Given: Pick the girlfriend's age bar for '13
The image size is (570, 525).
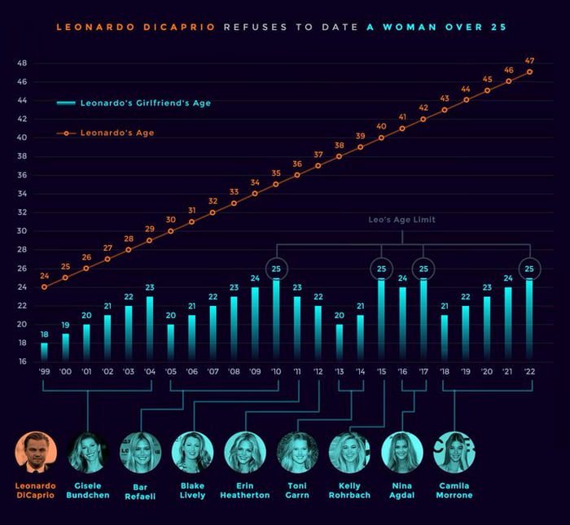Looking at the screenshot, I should (x=340, y=343).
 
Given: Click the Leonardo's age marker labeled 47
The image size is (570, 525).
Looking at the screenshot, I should (x=530, y=72).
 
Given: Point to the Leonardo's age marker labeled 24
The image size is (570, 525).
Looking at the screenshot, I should (x=44, y=287).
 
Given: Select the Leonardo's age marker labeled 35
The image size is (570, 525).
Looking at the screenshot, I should (x=277, y=184).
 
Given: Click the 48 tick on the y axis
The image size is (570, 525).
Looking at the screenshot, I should (x=22, y=63).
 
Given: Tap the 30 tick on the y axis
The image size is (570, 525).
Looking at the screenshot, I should (x=22, y=230).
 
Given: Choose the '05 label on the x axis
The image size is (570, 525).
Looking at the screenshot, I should (x=170, y=371).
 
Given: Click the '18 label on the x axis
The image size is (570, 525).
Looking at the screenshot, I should (x=445, y=371).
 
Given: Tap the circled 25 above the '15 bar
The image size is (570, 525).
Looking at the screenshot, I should (x=381, y=268).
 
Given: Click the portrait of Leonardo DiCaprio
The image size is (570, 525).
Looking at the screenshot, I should (x=36, y=453).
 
